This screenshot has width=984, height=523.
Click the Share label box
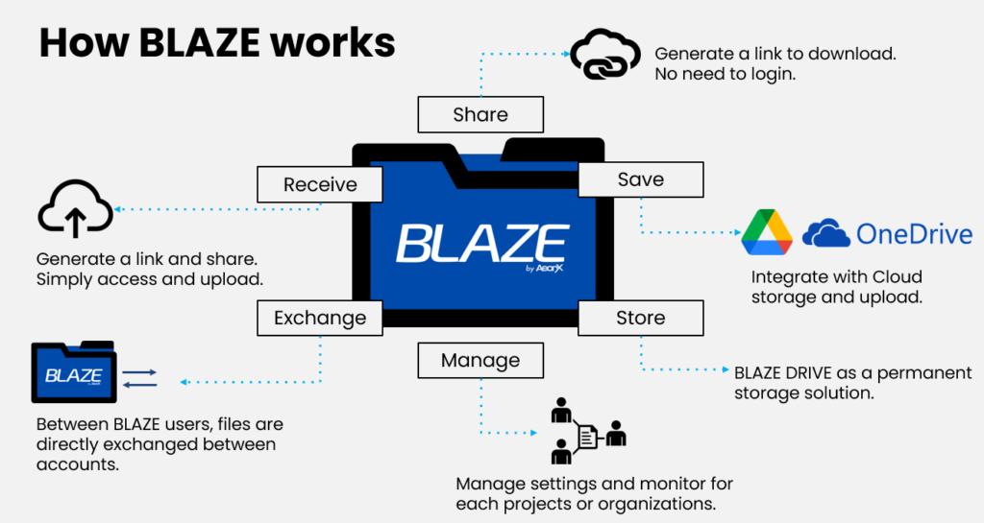[480, 114]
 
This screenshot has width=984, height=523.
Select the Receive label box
[320, 184]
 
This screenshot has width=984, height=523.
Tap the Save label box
[640, 179]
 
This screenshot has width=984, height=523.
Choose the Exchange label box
[320, 318]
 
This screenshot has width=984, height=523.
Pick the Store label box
[640, 318]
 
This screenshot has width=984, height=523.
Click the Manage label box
[480, 361]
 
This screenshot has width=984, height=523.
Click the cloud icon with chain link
[604, 57]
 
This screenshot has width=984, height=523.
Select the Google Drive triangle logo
[767, 233]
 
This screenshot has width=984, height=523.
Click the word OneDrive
[914, 233]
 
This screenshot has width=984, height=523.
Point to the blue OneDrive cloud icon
[826, 233]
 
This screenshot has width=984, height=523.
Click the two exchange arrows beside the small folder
[140, 377]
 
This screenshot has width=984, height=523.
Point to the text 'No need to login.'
[726, 75]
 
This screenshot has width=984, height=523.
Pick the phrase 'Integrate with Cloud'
[836, 277]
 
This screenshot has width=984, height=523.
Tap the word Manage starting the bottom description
[486, 485]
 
